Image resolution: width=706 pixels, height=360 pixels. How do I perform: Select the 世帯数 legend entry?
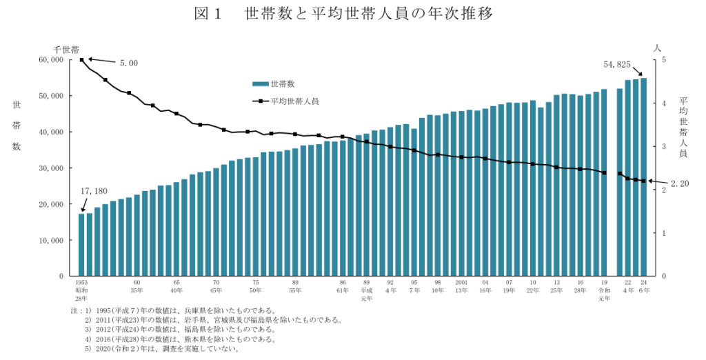274,84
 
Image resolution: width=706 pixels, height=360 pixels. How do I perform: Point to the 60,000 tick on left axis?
52,60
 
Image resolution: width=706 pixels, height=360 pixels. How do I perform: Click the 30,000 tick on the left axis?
52,168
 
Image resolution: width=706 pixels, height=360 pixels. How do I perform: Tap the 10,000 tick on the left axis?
52,240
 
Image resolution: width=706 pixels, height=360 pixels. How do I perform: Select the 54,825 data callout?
617,64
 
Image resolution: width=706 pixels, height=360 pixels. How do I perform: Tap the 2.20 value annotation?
680,183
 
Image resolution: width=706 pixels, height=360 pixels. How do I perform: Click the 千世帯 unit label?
66,50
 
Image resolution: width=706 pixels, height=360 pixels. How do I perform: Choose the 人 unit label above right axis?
657,48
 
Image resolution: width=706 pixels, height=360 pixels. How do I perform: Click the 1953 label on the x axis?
81,283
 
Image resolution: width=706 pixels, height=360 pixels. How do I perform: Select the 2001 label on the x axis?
462,283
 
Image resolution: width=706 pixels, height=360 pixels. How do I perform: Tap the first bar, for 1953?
81,244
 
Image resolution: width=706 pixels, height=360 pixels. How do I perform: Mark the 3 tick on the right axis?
663,147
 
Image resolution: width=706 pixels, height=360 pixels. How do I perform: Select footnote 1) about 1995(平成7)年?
179,310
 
